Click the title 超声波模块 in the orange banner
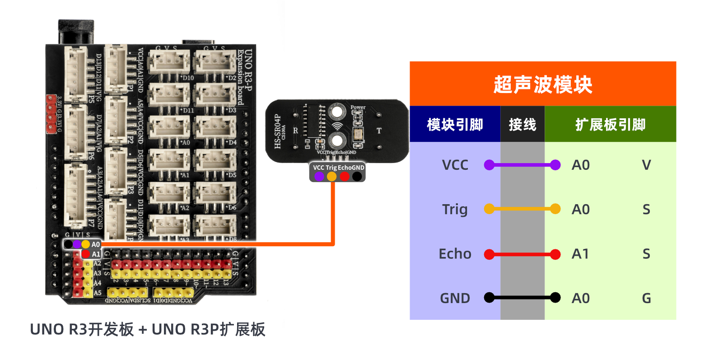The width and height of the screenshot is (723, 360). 542,84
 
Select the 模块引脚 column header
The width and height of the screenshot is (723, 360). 455,125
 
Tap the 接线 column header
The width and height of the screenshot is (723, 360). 522,125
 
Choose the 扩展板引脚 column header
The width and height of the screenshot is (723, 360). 610,125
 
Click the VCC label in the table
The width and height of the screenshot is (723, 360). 455,165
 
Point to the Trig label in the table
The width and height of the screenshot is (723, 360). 455,209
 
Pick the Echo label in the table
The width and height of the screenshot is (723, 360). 455,254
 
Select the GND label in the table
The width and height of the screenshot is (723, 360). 455,298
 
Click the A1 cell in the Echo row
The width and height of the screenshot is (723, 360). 581,254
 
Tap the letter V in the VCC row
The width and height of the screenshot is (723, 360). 647,165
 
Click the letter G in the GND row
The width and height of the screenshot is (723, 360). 647,298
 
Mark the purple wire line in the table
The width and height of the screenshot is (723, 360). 522,165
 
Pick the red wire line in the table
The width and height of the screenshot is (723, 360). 522,254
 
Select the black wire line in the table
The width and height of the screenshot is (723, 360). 522,298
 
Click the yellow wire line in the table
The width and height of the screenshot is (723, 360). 522,209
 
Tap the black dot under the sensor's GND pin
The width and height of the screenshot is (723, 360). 357,177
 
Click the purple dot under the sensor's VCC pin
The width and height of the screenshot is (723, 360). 319,177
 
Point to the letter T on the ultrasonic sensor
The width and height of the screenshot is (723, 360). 379,131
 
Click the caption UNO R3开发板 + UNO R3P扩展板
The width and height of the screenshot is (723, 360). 148,329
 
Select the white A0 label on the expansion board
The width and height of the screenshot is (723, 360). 96,244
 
